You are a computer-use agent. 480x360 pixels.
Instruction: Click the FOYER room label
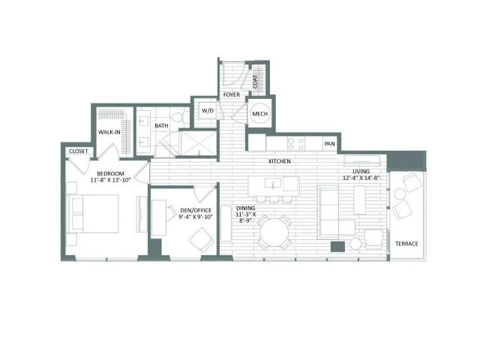coord(232,94)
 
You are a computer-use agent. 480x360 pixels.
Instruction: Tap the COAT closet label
coord(255,82)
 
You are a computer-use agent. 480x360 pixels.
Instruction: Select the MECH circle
coord(260,113)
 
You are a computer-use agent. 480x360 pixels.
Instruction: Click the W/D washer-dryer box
coord(207,111)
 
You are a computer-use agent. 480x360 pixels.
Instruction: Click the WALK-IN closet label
coord(109,132)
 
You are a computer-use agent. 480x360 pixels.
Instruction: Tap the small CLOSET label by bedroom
coord(78,151)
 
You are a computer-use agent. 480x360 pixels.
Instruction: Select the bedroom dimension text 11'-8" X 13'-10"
coord(110,180)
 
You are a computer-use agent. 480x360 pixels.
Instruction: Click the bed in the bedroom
coord(92,214)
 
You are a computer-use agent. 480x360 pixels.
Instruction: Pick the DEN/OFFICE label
coord(196,210)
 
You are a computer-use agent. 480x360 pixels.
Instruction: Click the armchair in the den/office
coord(202,240)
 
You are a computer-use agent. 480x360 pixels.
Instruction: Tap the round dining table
coord(274,232)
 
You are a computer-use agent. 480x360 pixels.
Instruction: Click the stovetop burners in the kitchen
coord(296,144)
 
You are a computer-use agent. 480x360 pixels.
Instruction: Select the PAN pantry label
coord(329,143)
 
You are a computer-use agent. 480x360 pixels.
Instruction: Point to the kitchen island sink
coord(272,183)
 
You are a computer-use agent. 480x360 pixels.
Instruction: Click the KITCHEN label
coord(280,161)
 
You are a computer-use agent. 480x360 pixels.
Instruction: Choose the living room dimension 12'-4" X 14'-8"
coord(361,178)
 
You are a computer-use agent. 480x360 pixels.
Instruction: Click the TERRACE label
coord(406,244)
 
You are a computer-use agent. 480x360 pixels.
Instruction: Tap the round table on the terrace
coord(400,194)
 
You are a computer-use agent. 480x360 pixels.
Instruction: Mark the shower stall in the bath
coord(198,143)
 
